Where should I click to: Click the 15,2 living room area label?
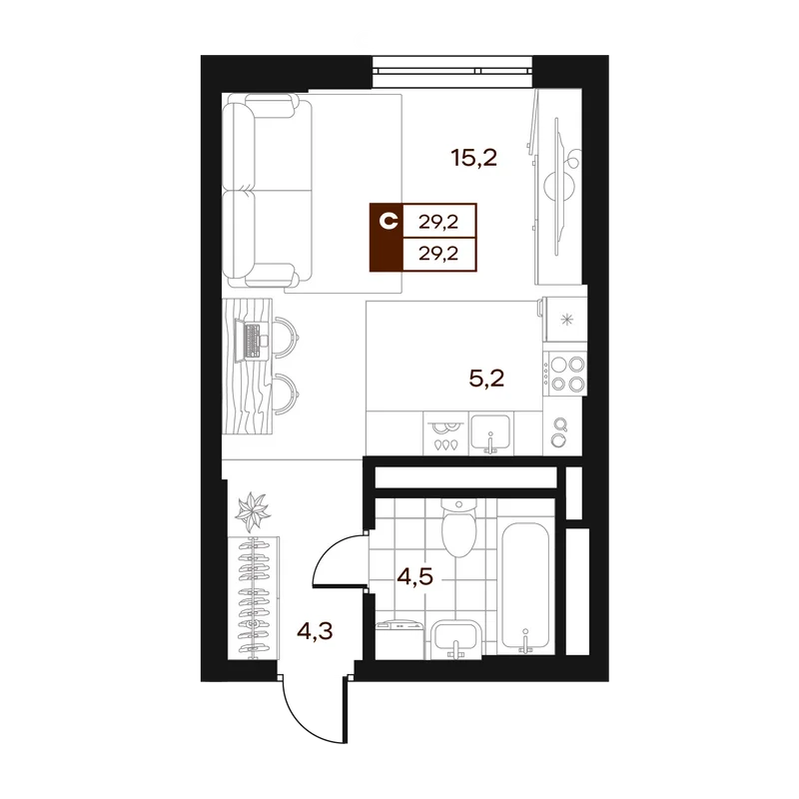point(473,158)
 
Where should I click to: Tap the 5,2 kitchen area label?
point(486,379)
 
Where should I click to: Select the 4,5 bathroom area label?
point(415,577)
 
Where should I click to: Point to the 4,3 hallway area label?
point(315,632)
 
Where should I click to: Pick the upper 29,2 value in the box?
point(438,222)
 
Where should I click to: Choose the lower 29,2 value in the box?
point(438,254)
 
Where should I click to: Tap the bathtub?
point(525,587)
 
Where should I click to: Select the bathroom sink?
point(455,639)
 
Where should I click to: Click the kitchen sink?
point(490,433)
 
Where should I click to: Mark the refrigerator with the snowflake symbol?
point(565,320)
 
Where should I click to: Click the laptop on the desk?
point(253,341)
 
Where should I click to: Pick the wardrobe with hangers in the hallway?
point(254,597)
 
